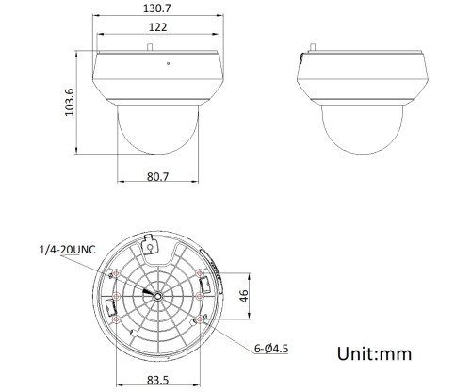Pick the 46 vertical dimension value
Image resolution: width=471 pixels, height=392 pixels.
pos(242,296)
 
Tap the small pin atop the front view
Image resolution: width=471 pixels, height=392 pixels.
pos(152,45)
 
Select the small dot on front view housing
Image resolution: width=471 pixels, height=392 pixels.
pos(167,64)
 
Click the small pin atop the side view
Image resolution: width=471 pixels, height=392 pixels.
pos(314,45)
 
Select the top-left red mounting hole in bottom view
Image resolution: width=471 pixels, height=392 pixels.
pos(117,273)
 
